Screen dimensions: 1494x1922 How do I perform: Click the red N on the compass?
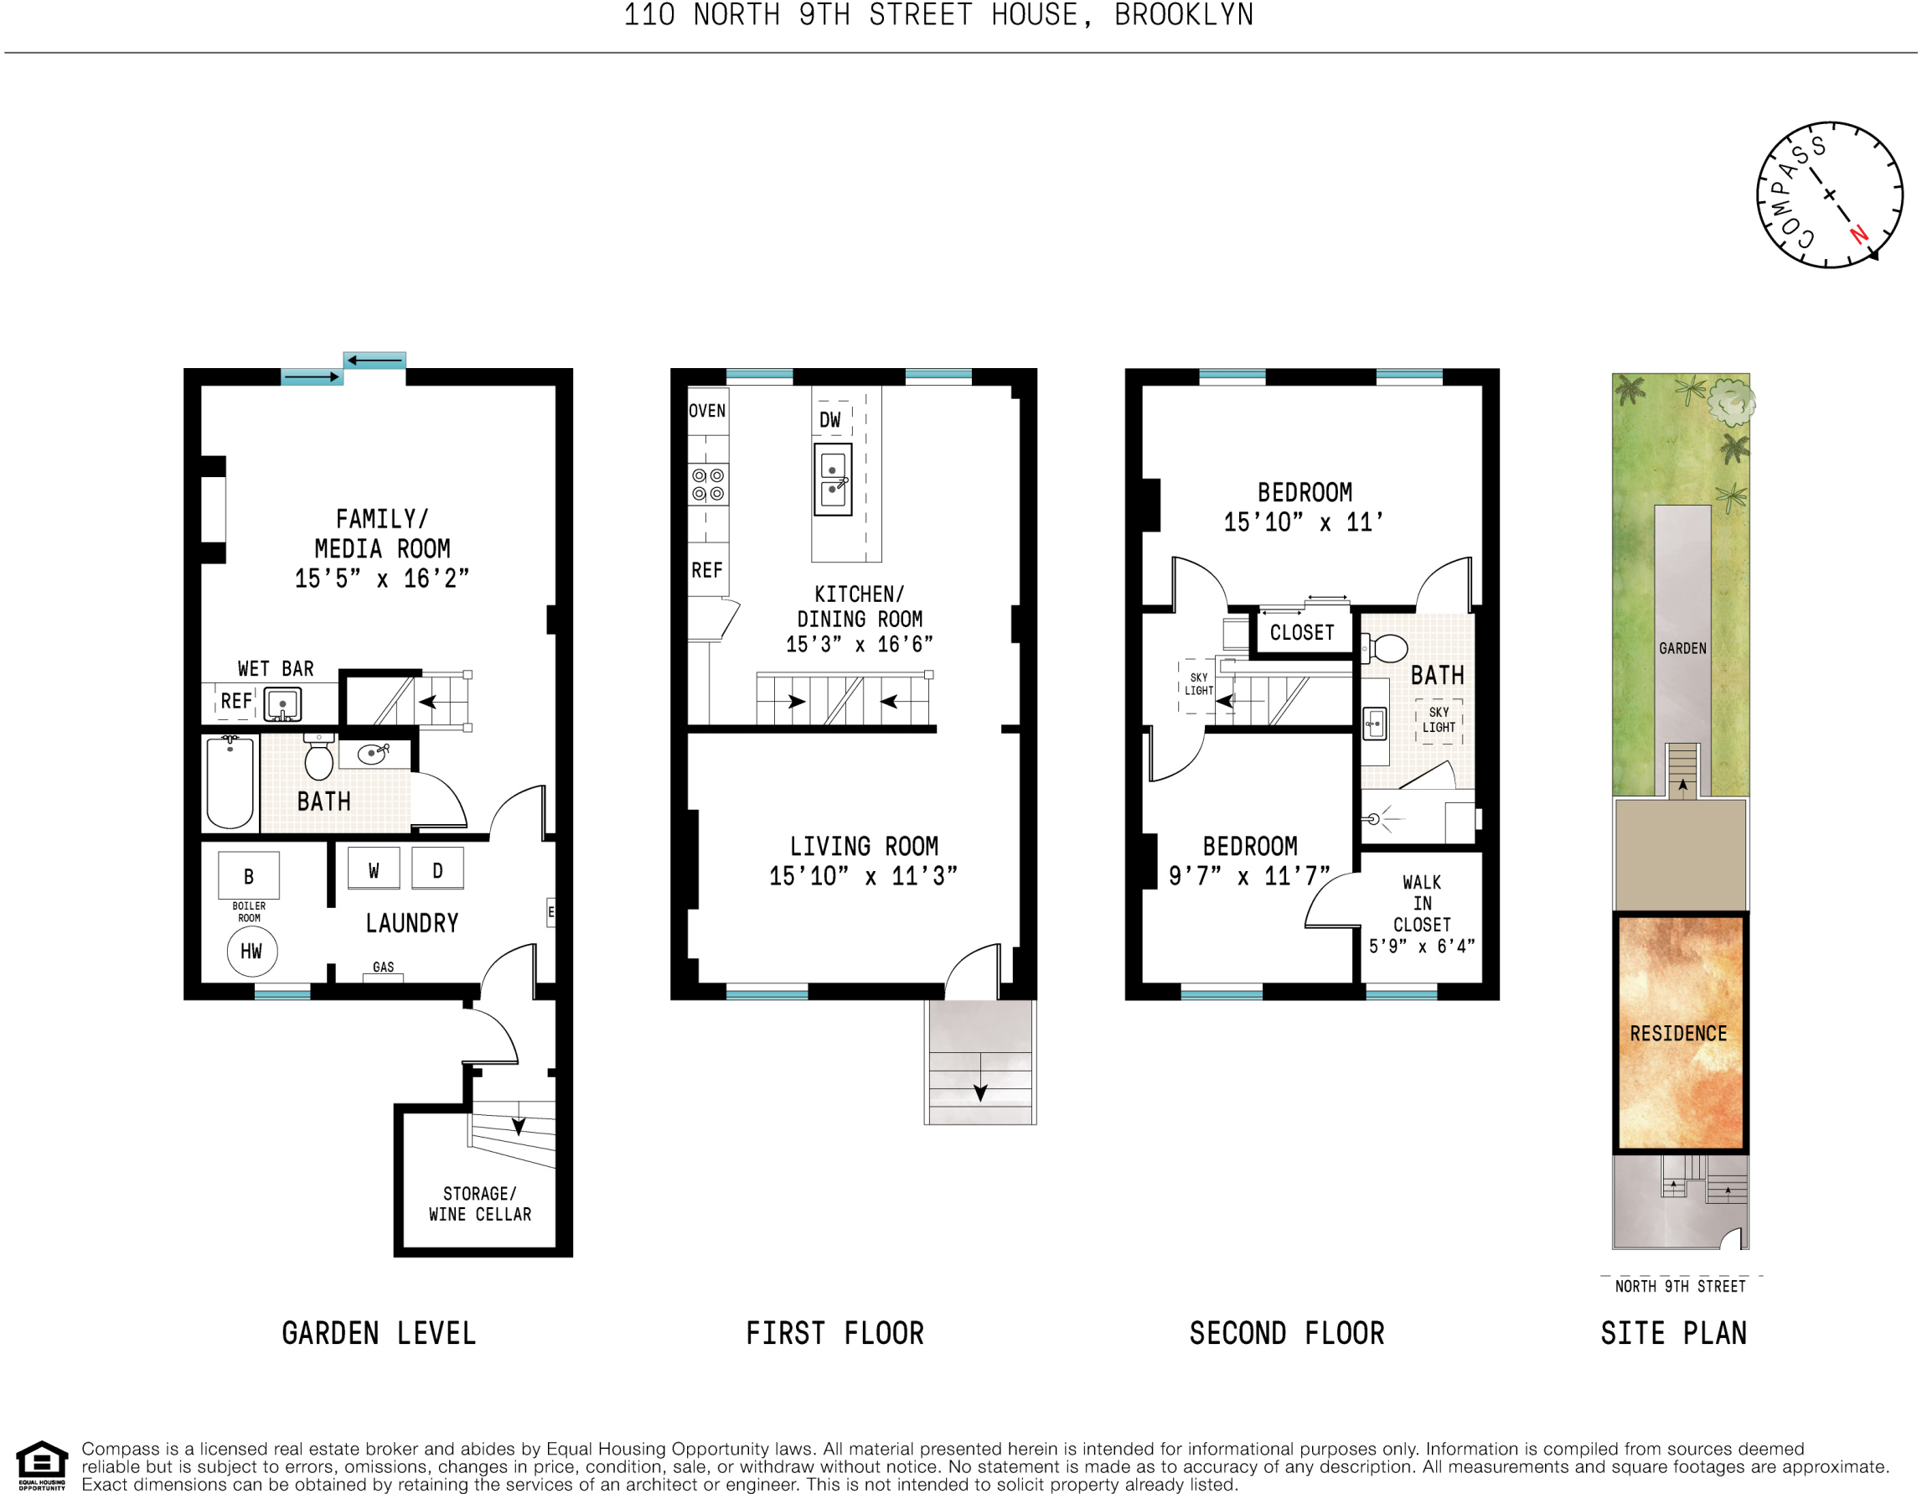pos(1858,234)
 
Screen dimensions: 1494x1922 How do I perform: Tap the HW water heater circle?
pos(251,951)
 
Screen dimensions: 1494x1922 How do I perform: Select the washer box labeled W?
pos(373,869)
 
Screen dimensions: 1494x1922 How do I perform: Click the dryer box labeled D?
pos(437,869)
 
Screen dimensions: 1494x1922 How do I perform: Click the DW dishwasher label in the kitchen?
pos(829,420)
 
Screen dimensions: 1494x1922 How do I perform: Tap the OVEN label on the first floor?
pos(706,410)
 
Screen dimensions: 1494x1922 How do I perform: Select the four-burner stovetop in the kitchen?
pos(707,485)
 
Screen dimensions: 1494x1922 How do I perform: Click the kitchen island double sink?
pos(833,480)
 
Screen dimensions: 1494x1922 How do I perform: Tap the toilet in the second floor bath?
pos(1387,649)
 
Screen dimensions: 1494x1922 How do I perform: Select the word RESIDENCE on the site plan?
pos(1678,1034)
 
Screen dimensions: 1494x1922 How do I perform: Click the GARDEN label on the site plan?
pos(1682,649)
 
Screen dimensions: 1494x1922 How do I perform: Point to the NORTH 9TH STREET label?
pos(1680,1286)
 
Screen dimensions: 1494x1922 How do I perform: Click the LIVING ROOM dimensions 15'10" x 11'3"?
pos(862,876)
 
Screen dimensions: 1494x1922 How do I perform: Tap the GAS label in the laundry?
pos(383,967)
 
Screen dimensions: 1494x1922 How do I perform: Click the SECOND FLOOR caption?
pos(1287,1334)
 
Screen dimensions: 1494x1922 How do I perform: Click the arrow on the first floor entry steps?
pos(979,1092)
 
